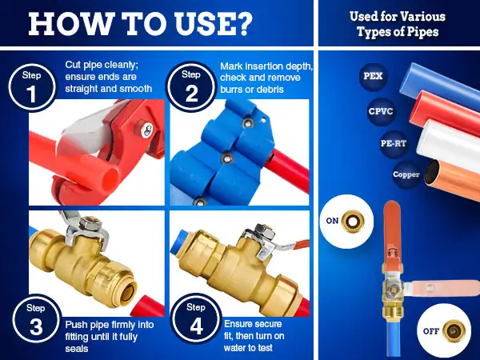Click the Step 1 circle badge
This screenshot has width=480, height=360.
click(x=32, y=87)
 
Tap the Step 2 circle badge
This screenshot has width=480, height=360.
click(x=191, y=87)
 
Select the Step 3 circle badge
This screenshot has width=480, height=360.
click(x=36, y=320)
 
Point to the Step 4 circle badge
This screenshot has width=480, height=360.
click(x=196, y=319)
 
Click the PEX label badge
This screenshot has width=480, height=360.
click(x=373, y=76)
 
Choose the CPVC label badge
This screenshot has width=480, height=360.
click(x=381, y=111)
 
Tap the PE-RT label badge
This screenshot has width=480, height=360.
click(x=394, y=143)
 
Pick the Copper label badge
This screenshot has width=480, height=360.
click(x=406, y=174)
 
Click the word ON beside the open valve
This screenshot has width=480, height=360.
click(x=332, y=221)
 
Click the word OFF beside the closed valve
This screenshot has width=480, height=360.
click(x=431, y=331)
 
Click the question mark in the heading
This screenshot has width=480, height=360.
click(x=242, y=24)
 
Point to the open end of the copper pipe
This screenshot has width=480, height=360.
click(x=432, y=172)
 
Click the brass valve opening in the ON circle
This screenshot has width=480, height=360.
click(x=353, y=221)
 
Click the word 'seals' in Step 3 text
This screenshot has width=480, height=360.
click(x=77, y=348)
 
